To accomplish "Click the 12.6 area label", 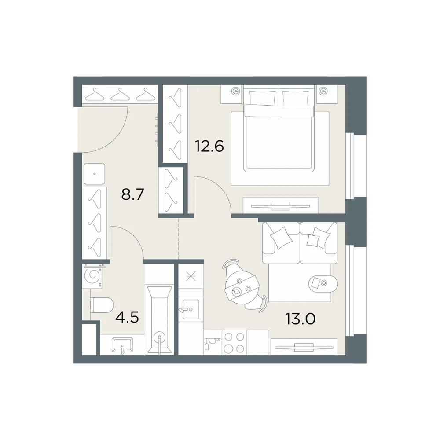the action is [209, 146].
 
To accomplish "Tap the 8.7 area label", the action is [133, 194].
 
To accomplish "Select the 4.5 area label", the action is [127, 318].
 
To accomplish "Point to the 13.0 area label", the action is [301, 319].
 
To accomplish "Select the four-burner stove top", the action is [235, 342].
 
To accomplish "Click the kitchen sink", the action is [191, 309].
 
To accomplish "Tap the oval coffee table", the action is [323, 283].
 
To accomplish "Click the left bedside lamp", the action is [235, 91].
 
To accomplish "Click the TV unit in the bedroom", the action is [280, 205].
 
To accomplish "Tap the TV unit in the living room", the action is [304, 347].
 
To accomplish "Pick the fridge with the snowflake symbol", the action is [191, 276].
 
